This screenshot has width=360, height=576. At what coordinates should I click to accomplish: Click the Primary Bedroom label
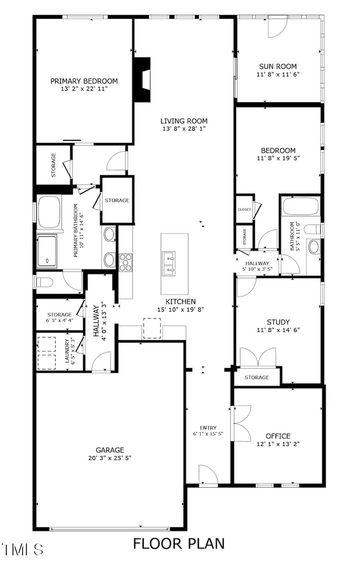pos(84,81)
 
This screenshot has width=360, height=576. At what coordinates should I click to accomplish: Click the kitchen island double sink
pos(175,264)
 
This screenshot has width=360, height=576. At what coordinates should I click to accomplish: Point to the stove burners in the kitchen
pos(126,262)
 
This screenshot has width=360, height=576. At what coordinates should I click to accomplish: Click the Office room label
pos(278,436)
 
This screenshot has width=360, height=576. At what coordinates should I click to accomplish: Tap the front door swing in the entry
pos(208,475)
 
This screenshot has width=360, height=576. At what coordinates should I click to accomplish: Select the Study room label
pos(278,322)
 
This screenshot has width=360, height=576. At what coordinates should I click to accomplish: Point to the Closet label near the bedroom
pos(244,209)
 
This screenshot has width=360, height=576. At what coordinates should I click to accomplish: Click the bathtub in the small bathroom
pos(300,207)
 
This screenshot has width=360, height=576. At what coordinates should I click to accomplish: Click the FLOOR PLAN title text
pos(179,543)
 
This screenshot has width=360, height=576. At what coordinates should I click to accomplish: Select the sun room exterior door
pos(276,28)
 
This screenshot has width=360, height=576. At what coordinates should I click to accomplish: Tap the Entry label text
pos(208,427)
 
